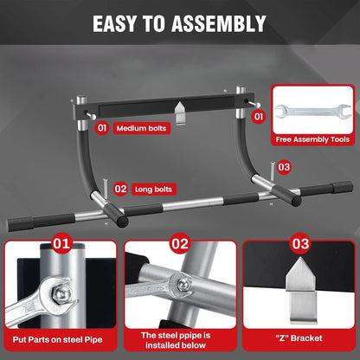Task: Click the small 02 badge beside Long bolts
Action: pyautogui.click(x=120, y=187)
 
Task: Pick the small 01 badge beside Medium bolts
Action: pyautogui.click(x=101, y=128)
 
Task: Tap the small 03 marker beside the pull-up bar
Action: pyautogui.click(x=284, y=166)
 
